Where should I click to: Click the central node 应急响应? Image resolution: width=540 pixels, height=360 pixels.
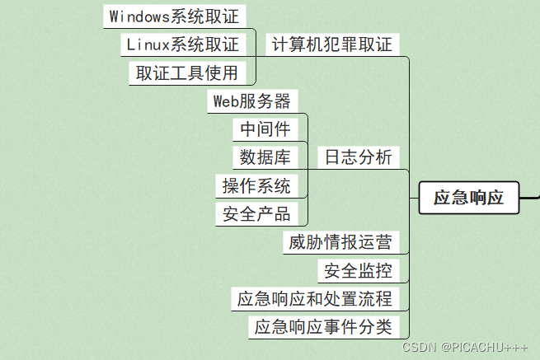click(468, 198)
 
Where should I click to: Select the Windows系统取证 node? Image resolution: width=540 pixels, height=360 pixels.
click(176, 16)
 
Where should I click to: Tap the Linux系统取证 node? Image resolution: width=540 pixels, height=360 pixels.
click(182, 44)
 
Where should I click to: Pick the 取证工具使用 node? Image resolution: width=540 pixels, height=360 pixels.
click(187, 72)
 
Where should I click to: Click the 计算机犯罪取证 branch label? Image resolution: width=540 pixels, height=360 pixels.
click(332, 44)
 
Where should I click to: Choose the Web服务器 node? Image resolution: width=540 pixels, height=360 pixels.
click(252, 101)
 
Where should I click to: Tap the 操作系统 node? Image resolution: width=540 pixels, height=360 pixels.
click(256, 185)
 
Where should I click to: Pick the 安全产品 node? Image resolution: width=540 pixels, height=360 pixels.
click(256, 214)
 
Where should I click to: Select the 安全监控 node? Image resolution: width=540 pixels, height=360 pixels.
click(358, 270)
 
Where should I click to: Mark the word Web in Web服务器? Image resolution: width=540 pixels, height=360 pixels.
click(226, 101)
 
